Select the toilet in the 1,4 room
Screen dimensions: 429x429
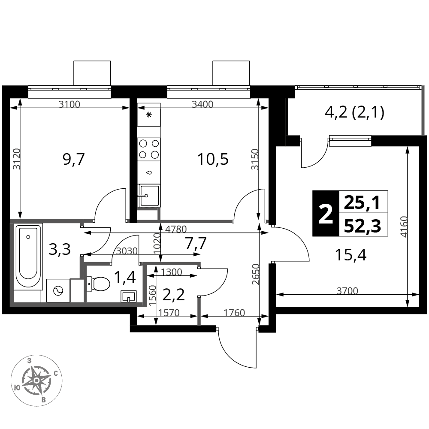click(x=99, y=284)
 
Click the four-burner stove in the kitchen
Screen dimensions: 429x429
click(x=149, y=149)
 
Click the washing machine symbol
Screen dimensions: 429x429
click(x=58, y=290)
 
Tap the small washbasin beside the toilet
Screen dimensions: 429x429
click(x=128, y=296)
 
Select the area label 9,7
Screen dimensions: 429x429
click(x=74, y=160)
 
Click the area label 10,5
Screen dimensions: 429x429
click(x=213, y=159)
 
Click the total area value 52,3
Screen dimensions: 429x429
click(x=363, y=226)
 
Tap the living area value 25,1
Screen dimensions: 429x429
click(x=362, y=203)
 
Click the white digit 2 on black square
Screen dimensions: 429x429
click(x=326, y=214)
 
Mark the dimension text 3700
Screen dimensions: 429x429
click(x=347, y=290)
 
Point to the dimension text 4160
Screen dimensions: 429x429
click(x=404, y=227)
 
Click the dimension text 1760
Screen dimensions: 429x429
click(x=234, y=312)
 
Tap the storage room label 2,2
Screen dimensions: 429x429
click(x=174, y=295)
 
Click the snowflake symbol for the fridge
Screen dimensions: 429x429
click(x=149, y=115)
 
